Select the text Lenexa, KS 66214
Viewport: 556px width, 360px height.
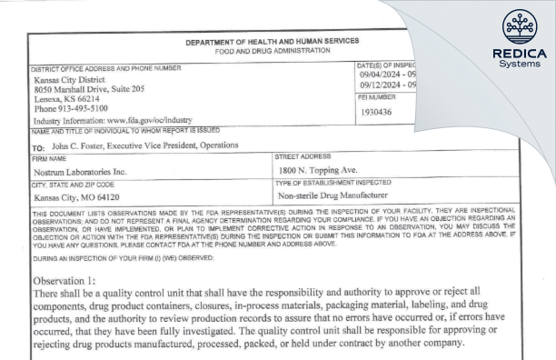pyautogui.click(x=57, y=98)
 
